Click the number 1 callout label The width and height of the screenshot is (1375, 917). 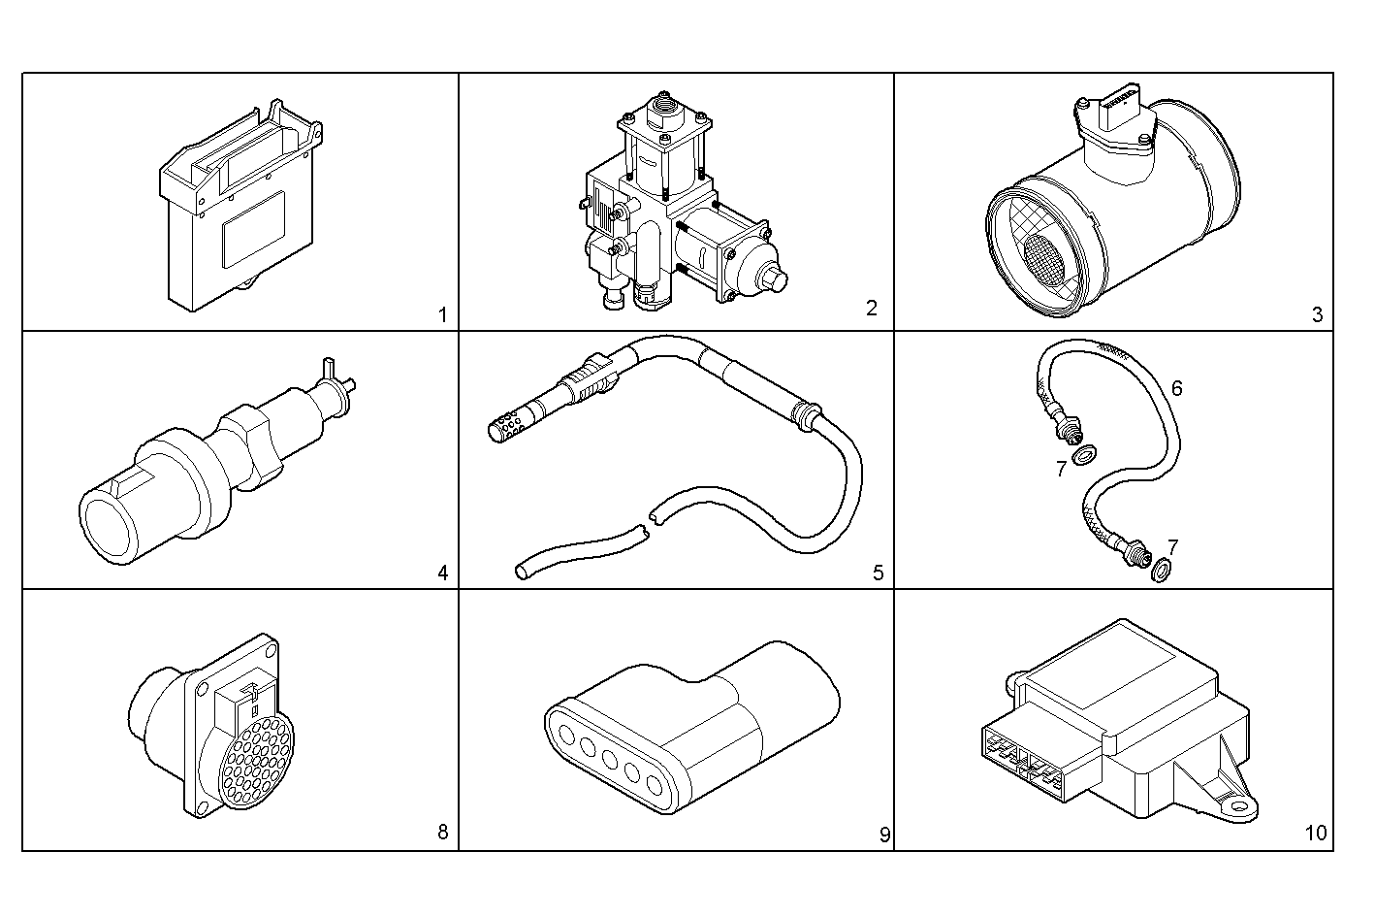point(442,314)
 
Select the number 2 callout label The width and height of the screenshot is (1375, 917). point(871,309)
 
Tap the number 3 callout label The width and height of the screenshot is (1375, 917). point(1316,314)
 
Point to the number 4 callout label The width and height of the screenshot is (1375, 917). point(442,573)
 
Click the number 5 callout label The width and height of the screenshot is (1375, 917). point(878,573)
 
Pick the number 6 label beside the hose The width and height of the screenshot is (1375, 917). point(1176,388)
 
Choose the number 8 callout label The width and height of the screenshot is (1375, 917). point(442,832)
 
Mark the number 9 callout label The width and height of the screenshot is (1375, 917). point(884,834)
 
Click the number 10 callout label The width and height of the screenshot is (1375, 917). point(1315,833)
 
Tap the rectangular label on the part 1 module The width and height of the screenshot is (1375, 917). point(253,228)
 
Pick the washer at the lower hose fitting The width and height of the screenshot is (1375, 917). point(1160,573)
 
